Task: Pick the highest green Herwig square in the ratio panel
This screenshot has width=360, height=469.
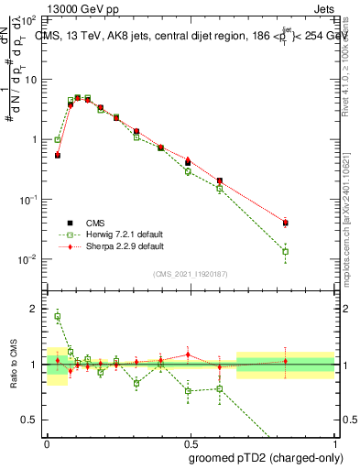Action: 58,317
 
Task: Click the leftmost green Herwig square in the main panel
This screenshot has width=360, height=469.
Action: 58,140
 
